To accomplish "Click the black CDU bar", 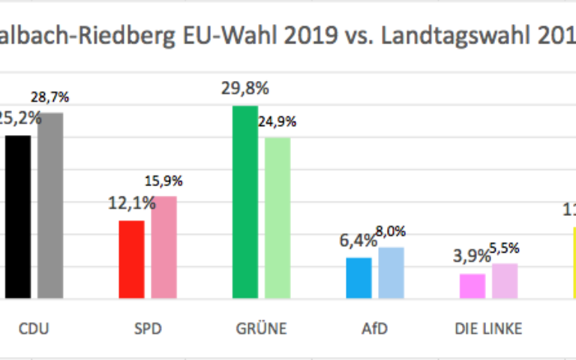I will pyautogui.click(x=18, y=217).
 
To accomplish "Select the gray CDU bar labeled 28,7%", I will pyautogui.click(x=50, y=205).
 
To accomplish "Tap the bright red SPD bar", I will pyautogui.click(x=131, y=259).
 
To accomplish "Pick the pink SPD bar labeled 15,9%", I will pyautogui.click(x=163, y=247).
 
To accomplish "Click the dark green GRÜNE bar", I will pyautogui.click(x=245, y=202).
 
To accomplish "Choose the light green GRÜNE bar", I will pyautogui.click(x=277, y=217).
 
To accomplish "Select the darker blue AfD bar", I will pyautogui.click(x=358, y=278).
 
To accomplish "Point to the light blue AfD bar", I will pyautogui.click(x=391, y=273).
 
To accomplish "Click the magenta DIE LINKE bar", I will pyautogui.click(x=472, y=286).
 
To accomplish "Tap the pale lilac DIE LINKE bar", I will pyautogui.click(x=505, y=281).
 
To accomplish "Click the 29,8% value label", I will pyautogui.click(x=244, y=89).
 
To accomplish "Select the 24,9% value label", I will pyautogui.click(x=277, y=121).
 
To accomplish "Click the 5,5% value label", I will pyautogui.click(x=505, y=248).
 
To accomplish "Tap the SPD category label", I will pyautogui.click(x=147, y=328).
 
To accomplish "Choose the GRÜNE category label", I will pyautogui.click(x=260, y=328).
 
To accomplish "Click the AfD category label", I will pyautogui.click(x=374, y=328).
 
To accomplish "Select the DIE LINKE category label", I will pyautogui.click(x=488, y=328).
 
